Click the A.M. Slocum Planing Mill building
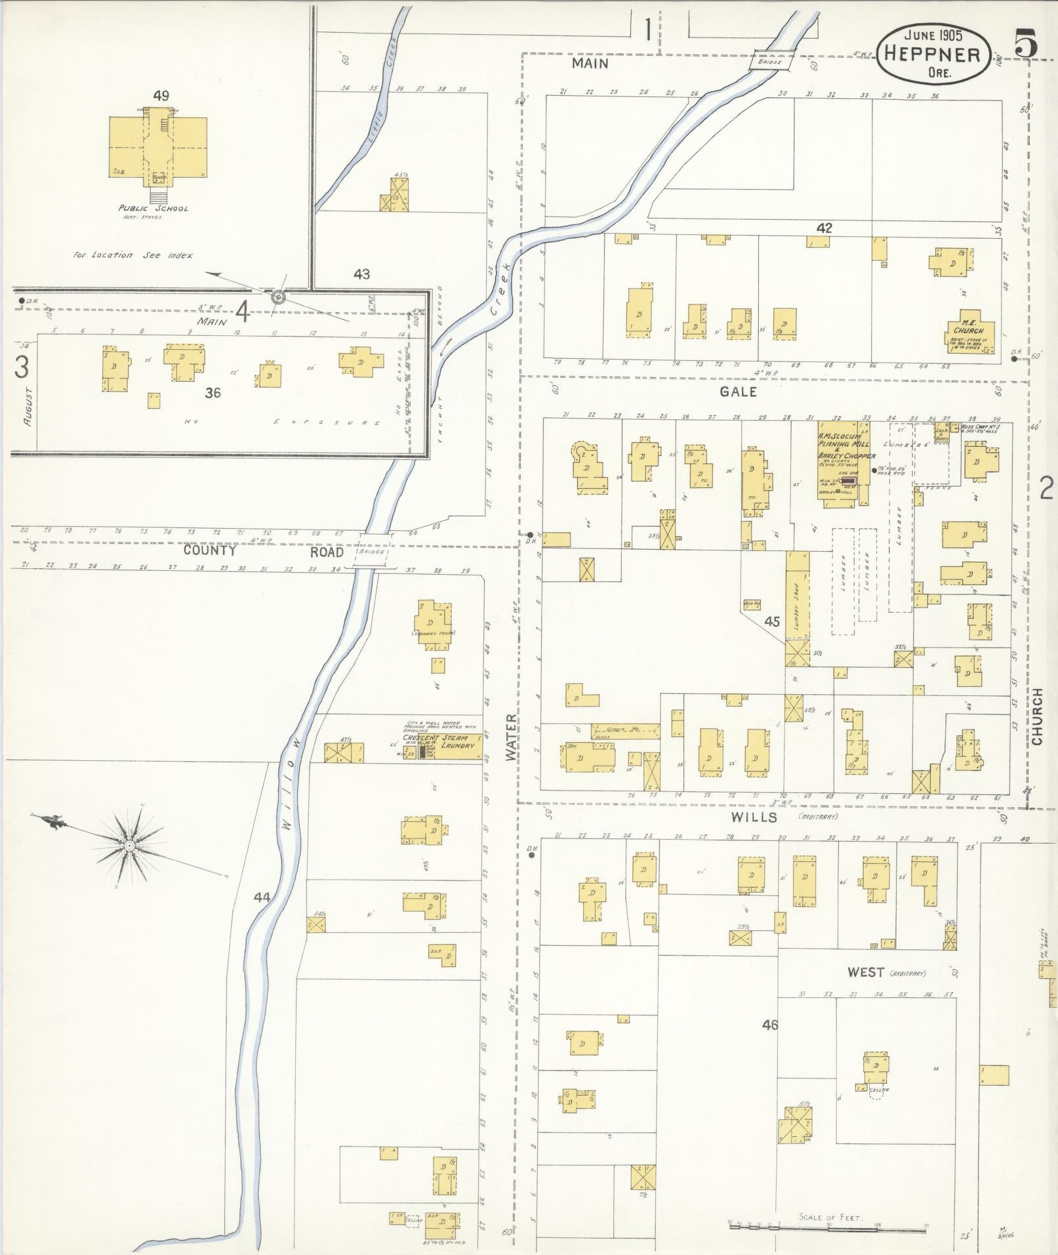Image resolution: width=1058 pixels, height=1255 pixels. (x=843, y=466)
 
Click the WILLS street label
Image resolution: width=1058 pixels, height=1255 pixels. (x=756, y=817)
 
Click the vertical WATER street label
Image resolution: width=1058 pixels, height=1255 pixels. (x=511, y=738)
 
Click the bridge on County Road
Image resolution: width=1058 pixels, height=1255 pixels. (x=372, y=554)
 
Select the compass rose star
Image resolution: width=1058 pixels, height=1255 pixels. (x=130, y=846)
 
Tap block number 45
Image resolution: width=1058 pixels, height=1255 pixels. (x=772, y=621)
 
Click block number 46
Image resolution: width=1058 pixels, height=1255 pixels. (x=770, y=1024)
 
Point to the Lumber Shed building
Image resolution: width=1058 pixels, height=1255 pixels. (x=796, y=597)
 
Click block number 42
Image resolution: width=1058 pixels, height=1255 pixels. (x=824, y=228)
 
